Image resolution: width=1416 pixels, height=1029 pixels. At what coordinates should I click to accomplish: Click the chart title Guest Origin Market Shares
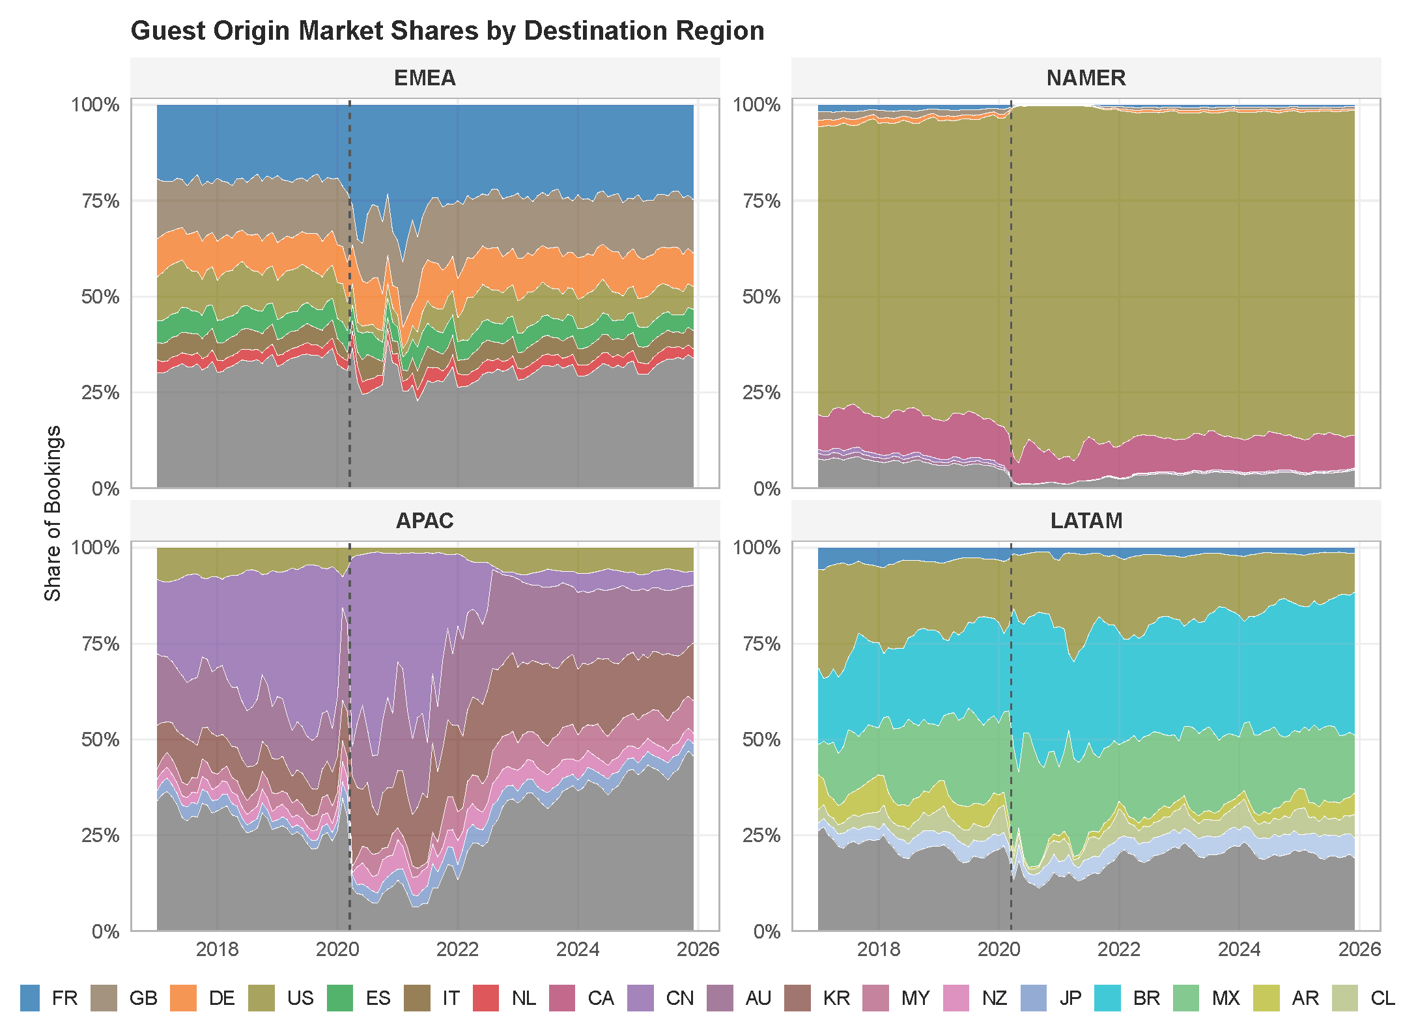coord(447,31)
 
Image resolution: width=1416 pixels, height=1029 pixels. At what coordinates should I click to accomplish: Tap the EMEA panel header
coord(425,78)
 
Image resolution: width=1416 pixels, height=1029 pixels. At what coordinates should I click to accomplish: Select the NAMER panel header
coord(1086,78)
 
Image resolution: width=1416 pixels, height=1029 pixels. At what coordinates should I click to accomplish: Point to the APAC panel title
coord(425,521)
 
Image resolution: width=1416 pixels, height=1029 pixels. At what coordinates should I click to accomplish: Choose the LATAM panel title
coord(1086,521)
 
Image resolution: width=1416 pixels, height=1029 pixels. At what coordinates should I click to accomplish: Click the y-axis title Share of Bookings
coord(52,513)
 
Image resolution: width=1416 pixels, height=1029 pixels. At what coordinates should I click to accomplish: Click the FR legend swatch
coord(30,998)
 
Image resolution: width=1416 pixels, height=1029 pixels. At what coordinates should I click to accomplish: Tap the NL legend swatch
coord(485,998)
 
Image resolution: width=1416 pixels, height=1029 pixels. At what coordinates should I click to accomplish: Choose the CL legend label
coord(1382,998)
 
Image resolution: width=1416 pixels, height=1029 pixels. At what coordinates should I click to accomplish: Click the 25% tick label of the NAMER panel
coord(761,393)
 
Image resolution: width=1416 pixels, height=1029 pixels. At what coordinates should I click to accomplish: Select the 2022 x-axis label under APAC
coord(457,950)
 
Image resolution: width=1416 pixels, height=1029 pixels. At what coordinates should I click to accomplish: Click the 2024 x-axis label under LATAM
coord(1239,950)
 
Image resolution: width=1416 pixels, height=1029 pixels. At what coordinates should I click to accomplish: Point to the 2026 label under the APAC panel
coord(698,950)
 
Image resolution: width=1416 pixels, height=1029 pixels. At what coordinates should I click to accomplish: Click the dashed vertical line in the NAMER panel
coord(1011,294)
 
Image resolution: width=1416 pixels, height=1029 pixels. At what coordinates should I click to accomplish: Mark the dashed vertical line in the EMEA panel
coord(350,294)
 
